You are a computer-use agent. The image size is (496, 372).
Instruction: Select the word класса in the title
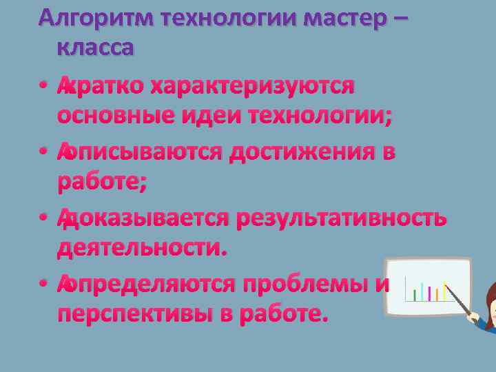[96, 49]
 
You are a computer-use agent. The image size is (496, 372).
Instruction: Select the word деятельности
[142, 247]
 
